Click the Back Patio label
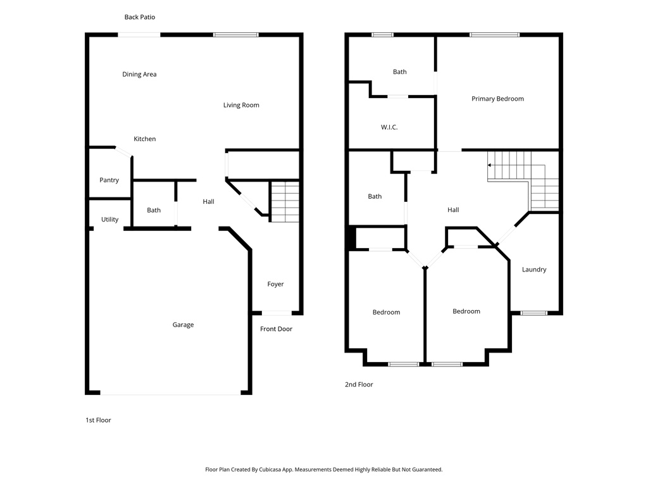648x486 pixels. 139,17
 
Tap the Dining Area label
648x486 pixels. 139,74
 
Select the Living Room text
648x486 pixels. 241,105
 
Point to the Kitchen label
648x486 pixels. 144,139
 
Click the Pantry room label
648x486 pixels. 109,180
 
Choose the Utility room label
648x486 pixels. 109,220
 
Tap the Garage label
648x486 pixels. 183,325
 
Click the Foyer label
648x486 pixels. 275,284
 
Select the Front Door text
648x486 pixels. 276,329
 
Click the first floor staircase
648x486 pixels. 285,201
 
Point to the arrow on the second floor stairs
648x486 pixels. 490,165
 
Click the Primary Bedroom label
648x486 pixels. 497,99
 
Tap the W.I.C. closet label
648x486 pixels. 389,127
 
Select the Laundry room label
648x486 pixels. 534,270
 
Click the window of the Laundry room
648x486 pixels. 533,313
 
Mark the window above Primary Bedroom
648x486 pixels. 494,35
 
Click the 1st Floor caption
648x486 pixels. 98,420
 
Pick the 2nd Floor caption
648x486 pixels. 359,384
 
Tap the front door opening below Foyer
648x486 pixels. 277,313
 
